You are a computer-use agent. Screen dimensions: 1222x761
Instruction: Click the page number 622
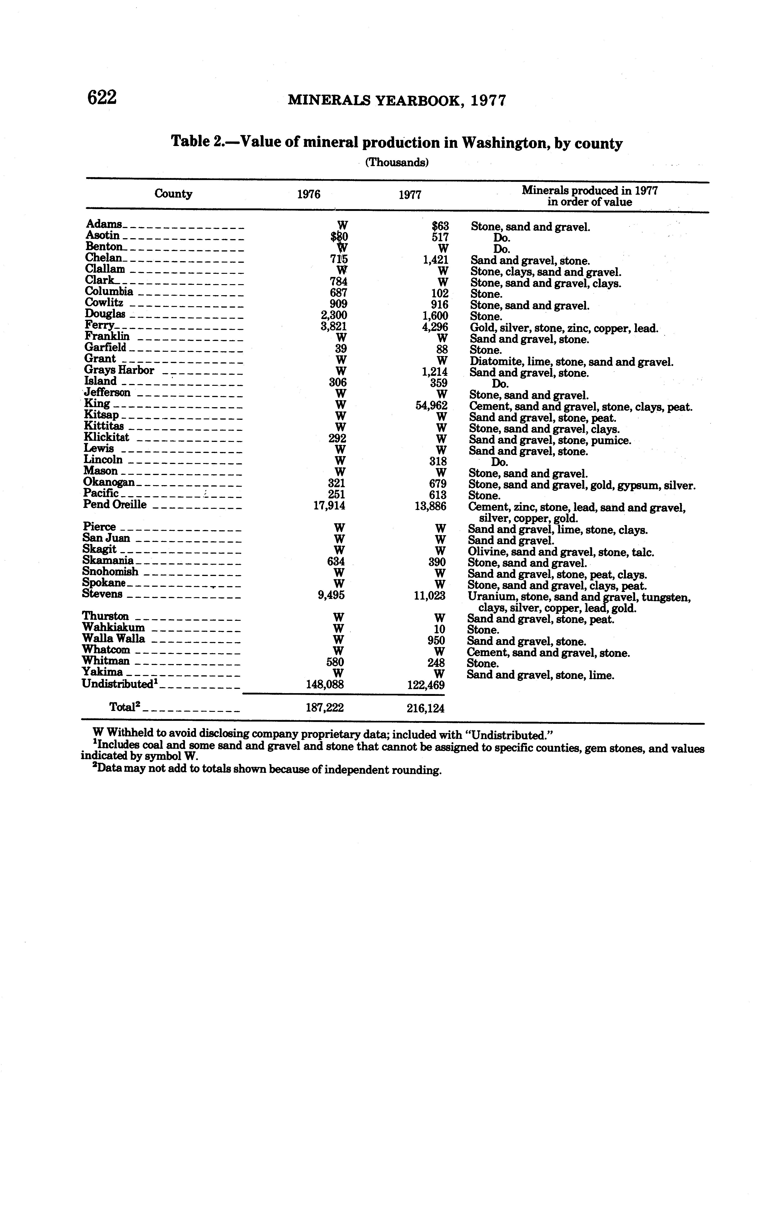[102, 97]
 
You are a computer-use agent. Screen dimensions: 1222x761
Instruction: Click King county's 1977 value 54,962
[431, 405]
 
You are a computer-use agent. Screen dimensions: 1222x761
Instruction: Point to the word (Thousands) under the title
[397, 163]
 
